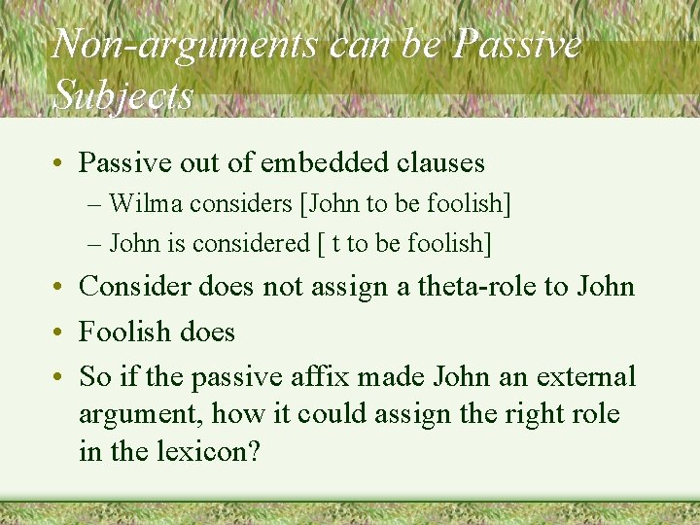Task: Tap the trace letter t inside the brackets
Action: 335,243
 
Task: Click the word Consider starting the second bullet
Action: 135,287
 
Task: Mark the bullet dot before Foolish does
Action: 57,332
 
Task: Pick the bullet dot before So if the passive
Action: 57,377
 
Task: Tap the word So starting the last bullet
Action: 94,376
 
